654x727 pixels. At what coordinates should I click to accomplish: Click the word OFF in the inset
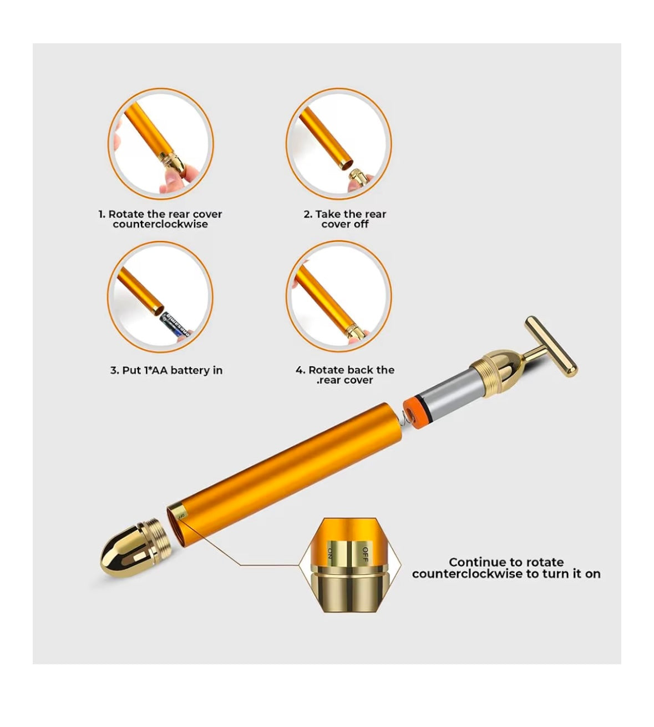365,554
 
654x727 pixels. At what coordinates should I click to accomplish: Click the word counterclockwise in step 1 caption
160,224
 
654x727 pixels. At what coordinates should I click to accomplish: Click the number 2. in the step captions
308,214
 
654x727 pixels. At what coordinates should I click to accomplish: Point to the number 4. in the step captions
300,370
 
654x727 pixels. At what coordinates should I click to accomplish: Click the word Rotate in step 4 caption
325,370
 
